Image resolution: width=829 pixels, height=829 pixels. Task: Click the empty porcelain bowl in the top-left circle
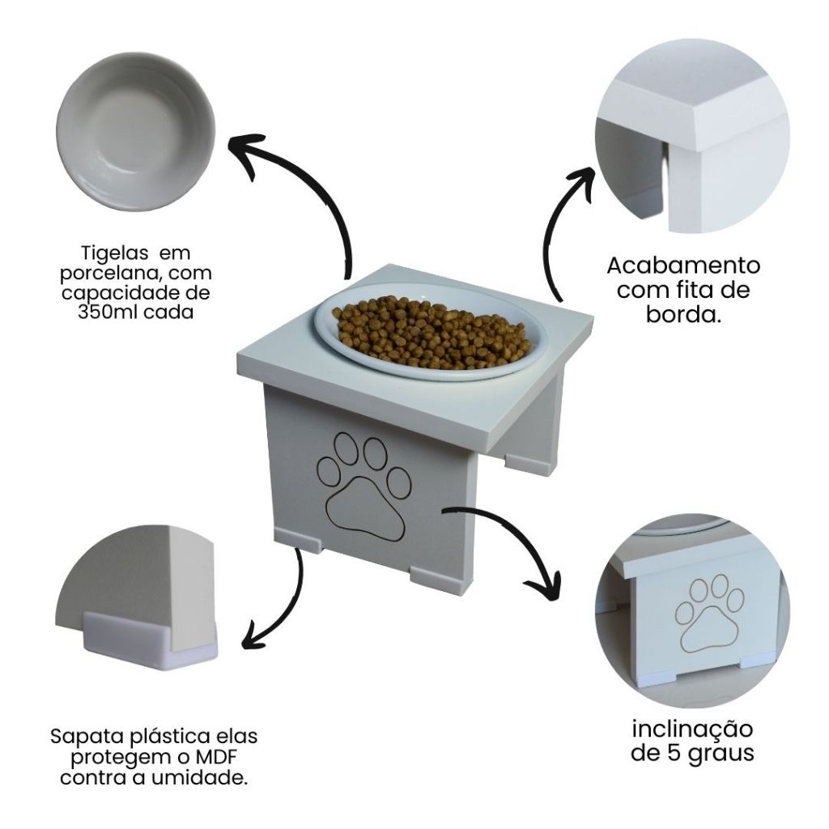coord(136,131)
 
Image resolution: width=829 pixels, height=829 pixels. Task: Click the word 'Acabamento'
coord(683,266)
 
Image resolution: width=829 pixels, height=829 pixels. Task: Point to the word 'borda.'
coord(683,315)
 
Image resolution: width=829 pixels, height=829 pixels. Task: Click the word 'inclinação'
coord(692,730)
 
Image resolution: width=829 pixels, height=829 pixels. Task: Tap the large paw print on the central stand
coord(363,487)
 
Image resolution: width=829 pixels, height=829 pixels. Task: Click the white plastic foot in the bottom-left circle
coord(150,641)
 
